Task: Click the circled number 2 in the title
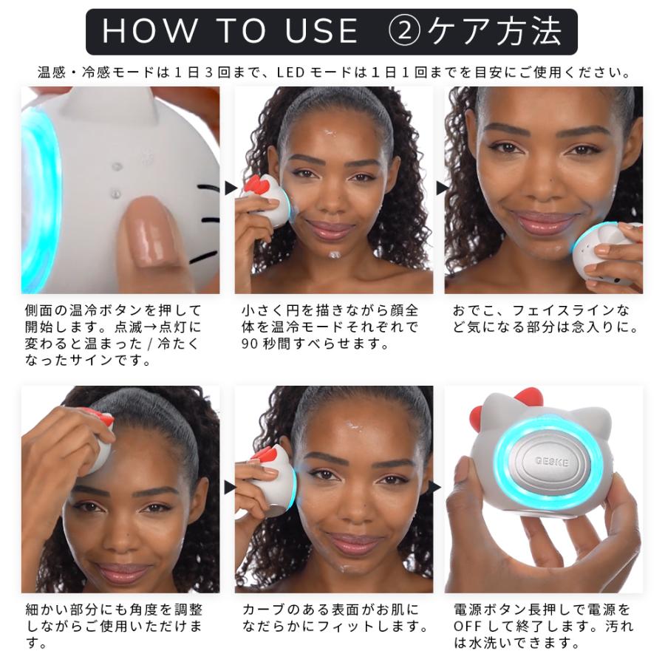(x=403, y=32)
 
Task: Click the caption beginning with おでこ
(x=545, y=318)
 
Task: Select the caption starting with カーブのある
(x=335, y=618)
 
